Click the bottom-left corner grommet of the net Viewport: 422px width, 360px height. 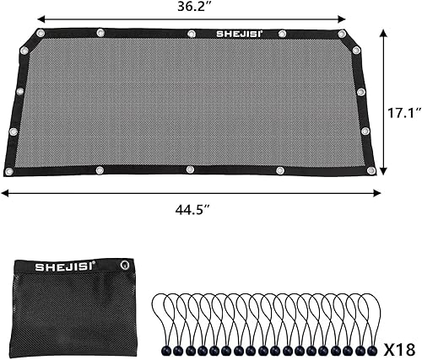9,171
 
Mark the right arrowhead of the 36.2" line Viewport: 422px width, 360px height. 345,18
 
